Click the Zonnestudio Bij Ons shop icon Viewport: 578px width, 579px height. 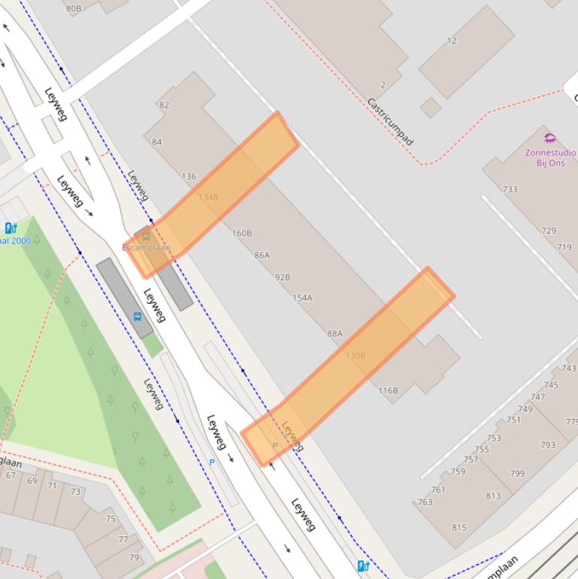[x=550, y=138]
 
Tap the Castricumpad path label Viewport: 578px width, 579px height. [x=390, y=121]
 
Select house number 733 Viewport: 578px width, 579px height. [x=510, y=189]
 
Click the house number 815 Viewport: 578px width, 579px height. [x=459, y=527]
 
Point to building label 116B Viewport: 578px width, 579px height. [x=388, y=390]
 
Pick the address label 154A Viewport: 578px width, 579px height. [x=302, y=298]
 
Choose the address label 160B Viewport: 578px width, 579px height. [x=242, y=233]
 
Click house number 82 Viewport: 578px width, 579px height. [x=164, y=105]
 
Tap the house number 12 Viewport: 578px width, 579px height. [x=451, y=41]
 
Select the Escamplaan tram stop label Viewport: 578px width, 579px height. [x=146, y=247]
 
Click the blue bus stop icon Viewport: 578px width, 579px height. [x=138, y=317]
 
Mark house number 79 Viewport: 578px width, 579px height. [x=134, y=557]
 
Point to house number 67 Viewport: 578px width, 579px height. [x=11, y=475]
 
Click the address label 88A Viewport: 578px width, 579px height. [x=334, y=333]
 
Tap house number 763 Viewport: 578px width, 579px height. [x=425, y=502]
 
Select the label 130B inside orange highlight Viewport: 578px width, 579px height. [x=355, y=355]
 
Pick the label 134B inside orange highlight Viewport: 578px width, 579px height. [x=208, y=197]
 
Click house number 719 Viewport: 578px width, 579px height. [x=564, y=247]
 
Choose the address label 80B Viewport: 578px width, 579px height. [x=74, y=8]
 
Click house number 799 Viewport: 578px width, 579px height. [x=517, y=474]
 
